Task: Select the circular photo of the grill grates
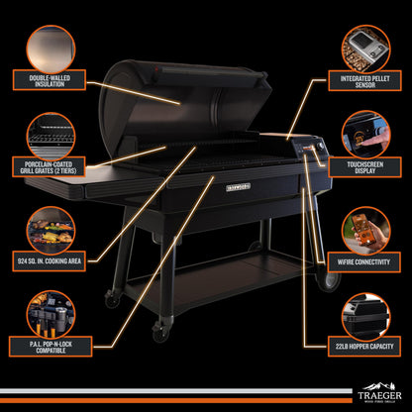pos(51,134)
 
